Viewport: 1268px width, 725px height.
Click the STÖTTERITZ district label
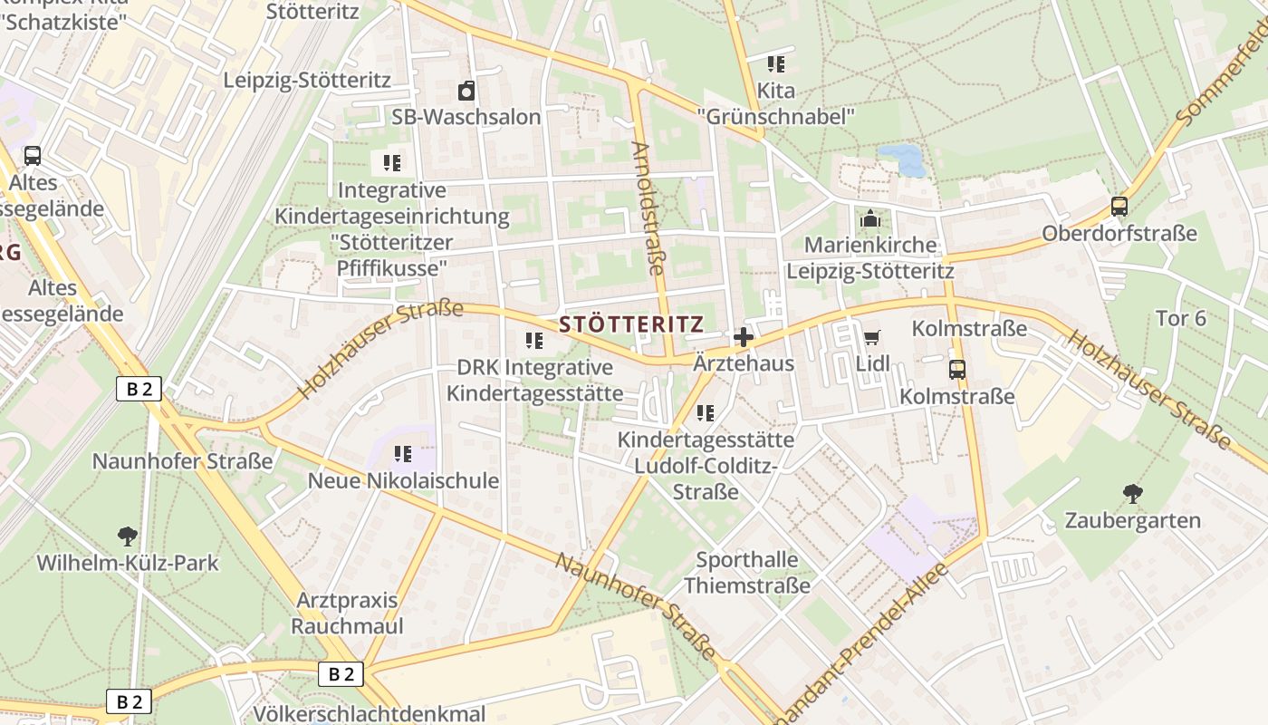click(x=631, y=324)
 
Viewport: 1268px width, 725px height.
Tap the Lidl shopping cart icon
click(x=871, y=338)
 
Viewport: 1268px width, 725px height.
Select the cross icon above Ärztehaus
click(x=743, y=338)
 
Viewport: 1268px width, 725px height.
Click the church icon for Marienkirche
click(x=869, y=218)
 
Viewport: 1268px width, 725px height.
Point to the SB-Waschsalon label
click(x=466, y=117)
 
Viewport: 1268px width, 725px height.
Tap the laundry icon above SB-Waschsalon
click(x=466, y=91)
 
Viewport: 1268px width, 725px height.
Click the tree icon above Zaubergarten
click(x=1132, y=494)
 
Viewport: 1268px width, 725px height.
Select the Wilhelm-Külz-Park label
click(x=128, y=563)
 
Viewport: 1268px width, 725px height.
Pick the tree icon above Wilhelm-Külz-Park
click(x=128, y=536)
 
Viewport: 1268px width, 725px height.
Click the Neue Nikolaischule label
click(x=403, y=480)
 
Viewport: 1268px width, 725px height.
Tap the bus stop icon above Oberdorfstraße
click(x=1119, y=207)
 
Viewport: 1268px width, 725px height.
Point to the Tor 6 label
click(x=1181, y=318)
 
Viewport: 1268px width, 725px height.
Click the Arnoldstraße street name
click(x=648, y=207)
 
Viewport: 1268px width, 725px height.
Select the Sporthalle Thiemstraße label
click(x=747, y=572)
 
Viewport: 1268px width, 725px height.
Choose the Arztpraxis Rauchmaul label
click(x=347, y=613)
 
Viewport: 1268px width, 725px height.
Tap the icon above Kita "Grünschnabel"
click(x=776, y=63)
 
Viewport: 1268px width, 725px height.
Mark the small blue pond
click(x=901, y=159)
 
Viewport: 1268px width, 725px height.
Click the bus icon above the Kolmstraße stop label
click(x=957, y=370)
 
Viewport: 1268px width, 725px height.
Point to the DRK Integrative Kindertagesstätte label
click(x=534, y=381)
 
